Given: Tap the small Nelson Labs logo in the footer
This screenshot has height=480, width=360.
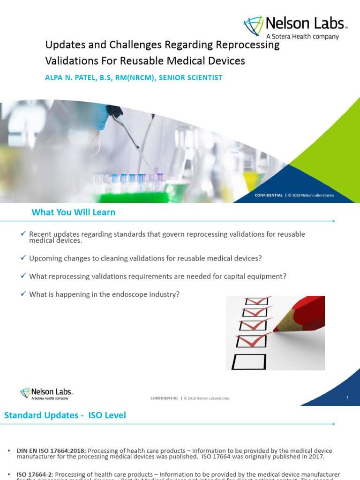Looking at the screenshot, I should (x=46, y=394).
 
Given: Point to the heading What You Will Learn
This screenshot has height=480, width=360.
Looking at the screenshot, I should (x=73, y=212).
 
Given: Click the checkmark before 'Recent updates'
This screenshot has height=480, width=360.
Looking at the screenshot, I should (x=23, y=233).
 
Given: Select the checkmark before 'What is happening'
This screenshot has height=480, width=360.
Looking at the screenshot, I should (x=23, y=294).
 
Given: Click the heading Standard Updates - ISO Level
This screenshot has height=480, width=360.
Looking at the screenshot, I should (x=65, y=415).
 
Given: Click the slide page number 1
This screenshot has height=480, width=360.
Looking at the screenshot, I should (x=347, y=397).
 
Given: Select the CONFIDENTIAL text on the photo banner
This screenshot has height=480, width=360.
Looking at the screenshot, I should (x=269, y=195).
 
